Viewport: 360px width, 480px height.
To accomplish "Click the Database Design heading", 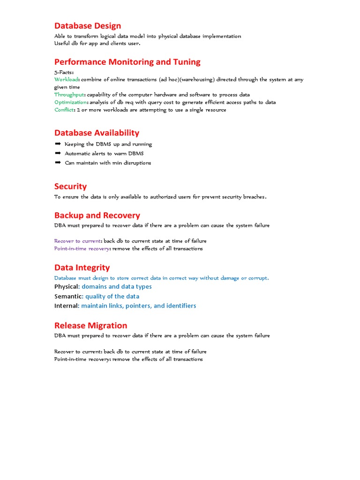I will click(x=88, y=26).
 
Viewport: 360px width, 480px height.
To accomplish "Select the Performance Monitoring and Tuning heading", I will click(x=127, y=62).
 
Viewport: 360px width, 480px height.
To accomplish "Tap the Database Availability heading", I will click(x=97, y=133).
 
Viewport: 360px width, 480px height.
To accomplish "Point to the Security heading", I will click(x=70, y=187).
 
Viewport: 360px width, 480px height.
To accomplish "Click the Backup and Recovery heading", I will click(x=97, y=216).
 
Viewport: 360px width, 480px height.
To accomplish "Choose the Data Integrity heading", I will click(x=82, y=268).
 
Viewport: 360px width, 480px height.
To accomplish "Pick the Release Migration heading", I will click(x=90, y=325).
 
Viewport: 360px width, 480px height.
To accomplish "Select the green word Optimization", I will click(x=70, y=102).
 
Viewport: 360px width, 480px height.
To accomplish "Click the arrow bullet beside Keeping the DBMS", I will click(x=58, y=144).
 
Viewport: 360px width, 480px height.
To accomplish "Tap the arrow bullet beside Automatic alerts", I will click(x=58, y=153).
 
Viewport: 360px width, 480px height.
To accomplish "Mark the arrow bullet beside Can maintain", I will click(x=58, y=163).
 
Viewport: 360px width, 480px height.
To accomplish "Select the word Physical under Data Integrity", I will click(x=66, y=286).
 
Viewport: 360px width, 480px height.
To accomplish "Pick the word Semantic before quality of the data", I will click(x=68, y=296).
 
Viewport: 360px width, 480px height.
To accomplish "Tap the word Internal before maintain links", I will click(x=66, y=306).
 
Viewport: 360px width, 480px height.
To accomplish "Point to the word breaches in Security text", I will click(x=254, y=197).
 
